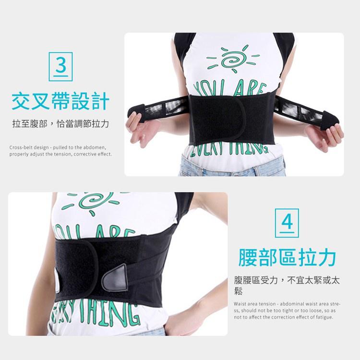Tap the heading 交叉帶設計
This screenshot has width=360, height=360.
[x=60, y=101]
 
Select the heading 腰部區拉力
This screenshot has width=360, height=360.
[x=287, y=257]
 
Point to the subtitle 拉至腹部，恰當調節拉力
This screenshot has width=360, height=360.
[x=60, y=124]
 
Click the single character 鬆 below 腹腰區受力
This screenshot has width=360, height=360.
[x=239, y=291]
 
